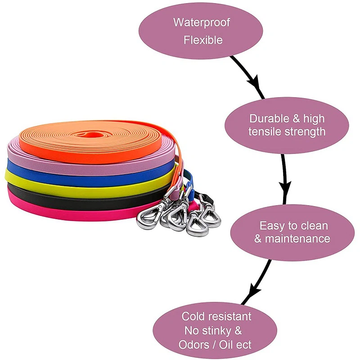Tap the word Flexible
click(203, 40)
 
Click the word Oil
click(233, 345)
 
